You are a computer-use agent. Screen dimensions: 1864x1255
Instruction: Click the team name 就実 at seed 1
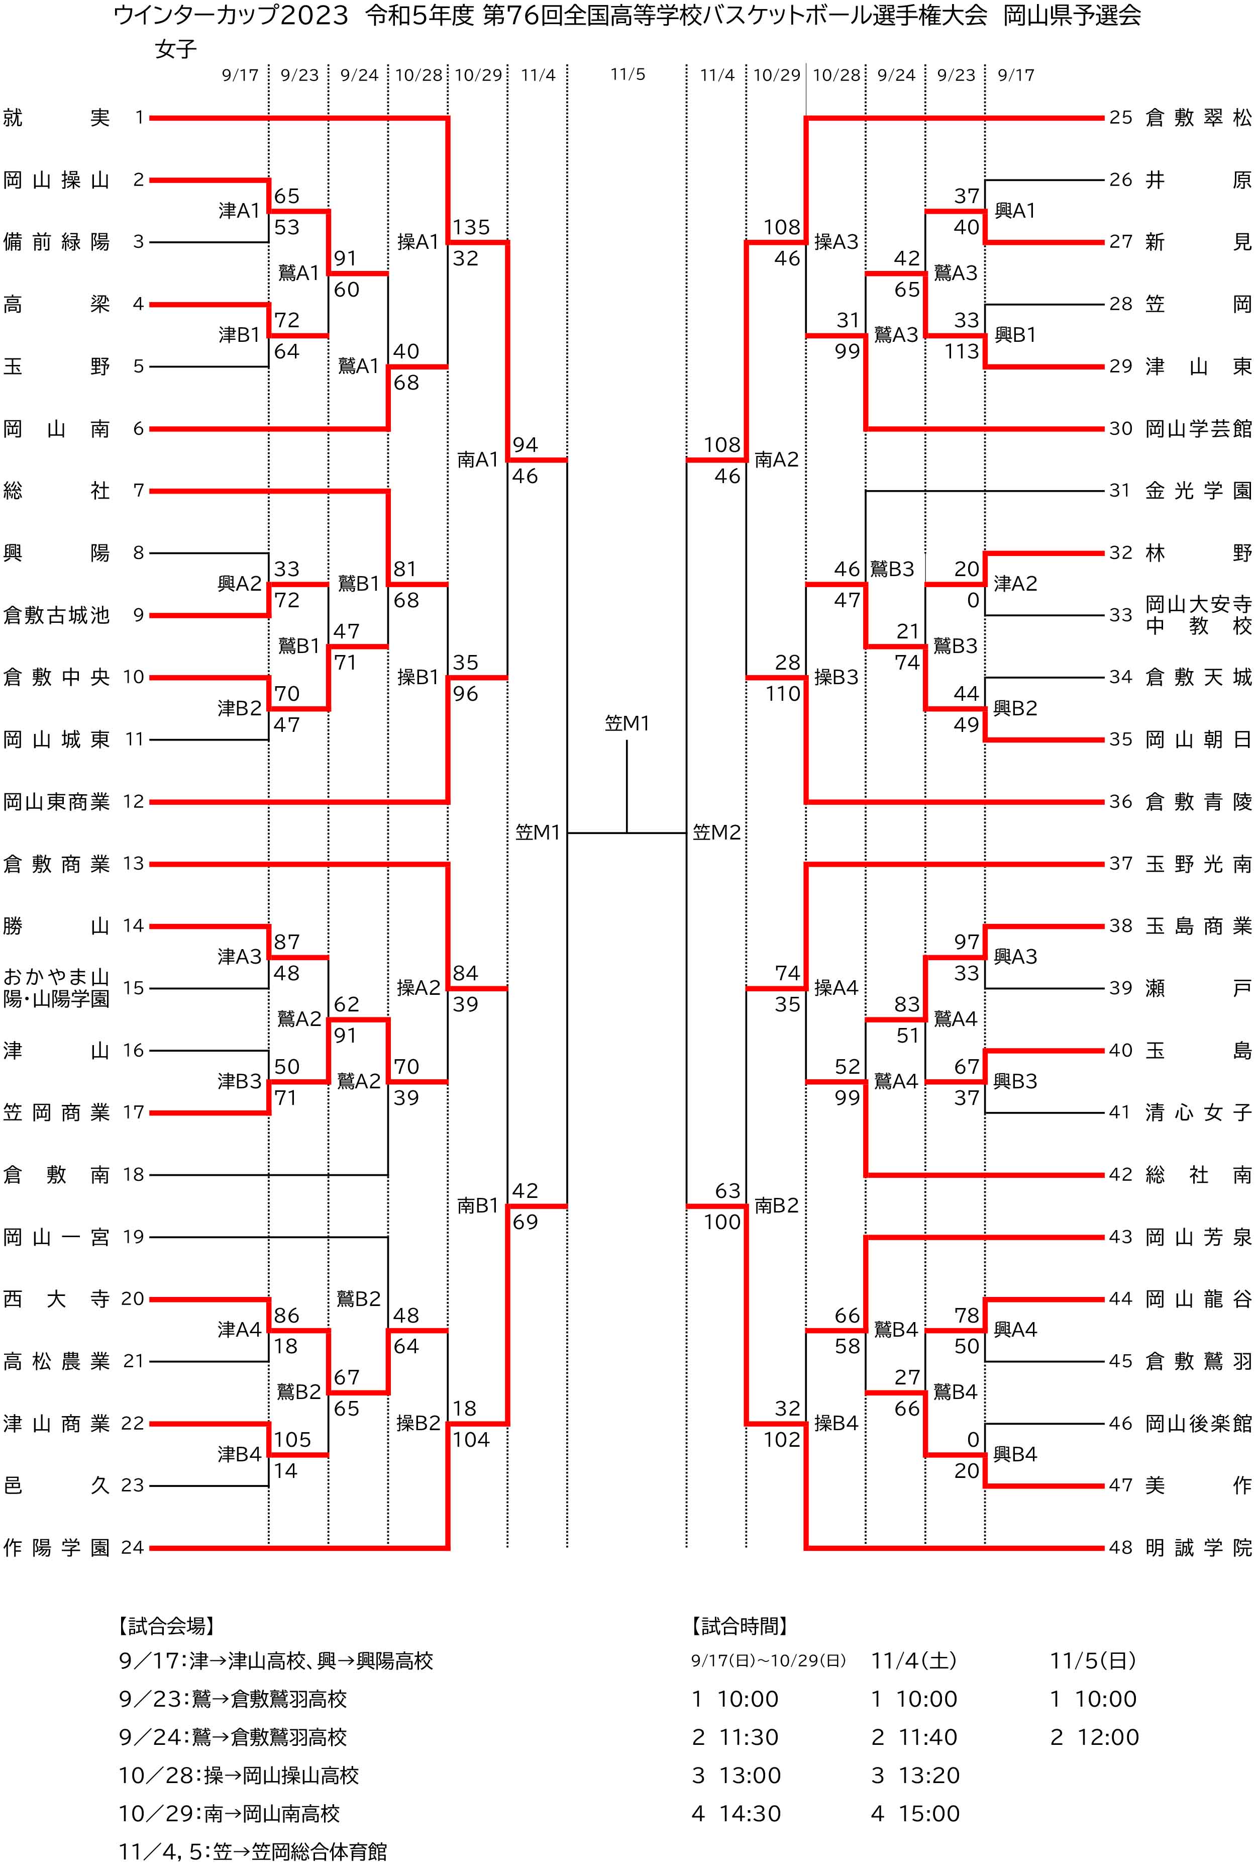[x=56, y=118]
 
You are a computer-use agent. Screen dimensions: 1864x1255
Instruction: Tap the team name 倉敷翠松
[x=1197, y=118]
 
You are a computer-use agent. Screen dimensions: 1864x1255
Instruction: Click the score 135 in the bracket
[x=471, y=227]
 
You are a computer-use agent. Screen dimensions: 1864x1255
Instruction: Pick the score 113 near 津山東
[x=961, y=351]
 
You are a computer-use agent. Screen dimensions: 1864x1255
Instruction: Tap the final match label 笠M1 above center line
[x=626, y=723]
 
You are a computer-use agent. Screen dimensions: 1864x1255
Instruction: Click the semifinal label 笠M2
[x=716, y=832]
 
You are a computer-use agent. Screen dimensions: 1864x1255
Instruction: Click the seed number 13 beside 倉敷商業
[x=133, y=863]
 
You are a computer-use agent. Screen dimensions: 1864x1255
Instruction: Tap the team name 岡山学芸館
[x=1197, y=428]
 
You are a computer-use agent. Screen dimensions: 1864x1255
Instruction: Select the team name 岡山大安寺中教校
[x=1197, y=614]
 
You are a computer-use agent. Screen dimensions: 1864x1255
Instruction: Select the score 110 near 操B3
[x=782, y=693]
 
